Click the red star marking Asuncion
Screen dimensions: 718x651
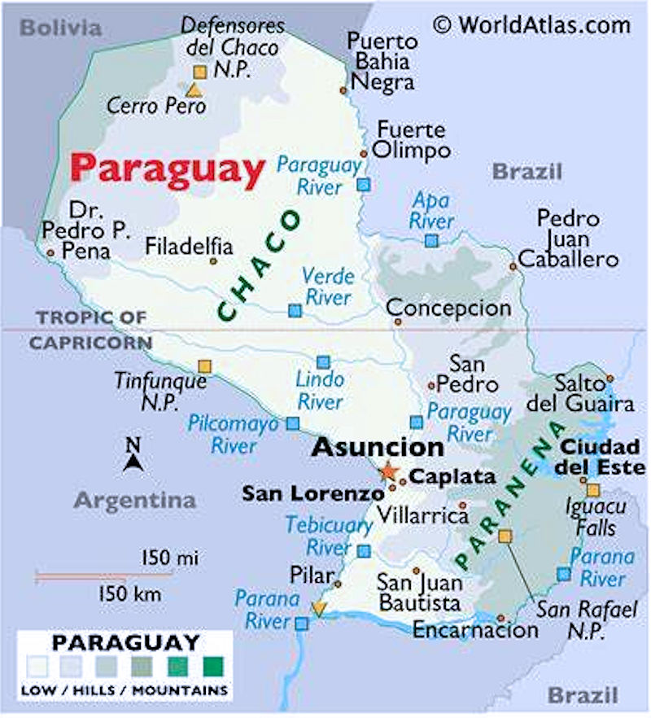coord(388,471)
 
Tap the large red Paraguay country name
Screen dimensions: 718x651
coord(167,169)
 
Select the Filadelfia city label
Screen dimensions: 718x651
coord(189,246)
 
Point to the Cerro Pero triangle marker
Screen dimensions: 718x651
coord(194,90)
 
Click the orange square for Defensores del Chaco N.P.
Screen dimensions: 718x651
coord(199,72)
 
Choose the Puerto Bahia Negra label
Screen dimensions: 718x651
coord(380,61)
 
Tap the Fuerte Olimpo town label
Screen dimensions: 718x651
coord(411,140)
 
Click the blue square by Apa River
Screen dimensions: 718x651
coord(431,240)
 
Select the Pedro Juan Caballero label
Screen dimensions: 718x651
coord(568,239)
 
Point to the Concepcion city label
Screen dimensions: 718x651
coord(448,309)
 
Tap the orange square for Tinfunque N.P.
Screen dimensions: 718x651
coord(204,366)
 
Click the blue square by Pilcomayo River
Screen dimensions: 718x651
coord(292,423)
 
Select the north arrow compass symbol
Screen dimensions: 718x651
coord(133,456)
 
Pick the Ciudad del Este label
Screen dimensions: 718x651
coord(601,458)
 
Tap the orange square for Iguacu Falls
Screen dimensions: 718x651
coord(593,490)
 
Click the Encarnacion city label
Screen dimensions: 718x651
coord(475,629)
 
